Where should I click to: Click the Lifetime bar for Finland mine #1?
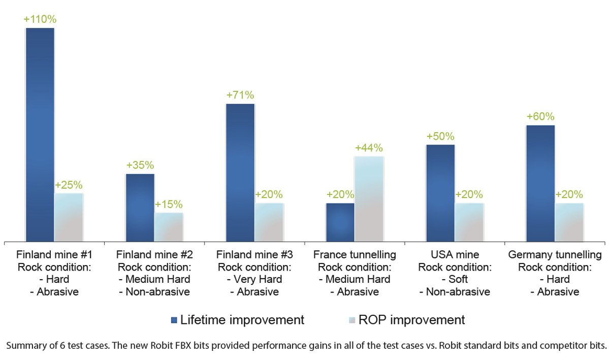pos(40,135)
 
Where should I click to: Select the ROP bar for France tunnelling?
pos(369,199)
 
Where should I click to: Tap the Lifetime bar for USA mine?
pos(440,193)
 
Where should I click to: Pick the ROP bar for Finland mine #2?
pos(169,227)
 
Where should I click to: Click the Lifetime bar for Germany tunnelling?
pos(540,183)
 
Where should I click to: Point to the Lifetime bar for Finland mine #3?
pos(240,173)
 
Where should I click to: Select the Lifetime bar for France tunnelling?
pos(340,222)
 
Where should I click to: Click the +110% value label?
pos(40,19)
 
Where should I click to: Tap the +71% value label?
pos(240,95)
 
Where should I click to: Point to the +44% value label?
pos(369,148)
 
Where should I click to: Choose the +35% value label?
pos(140,165)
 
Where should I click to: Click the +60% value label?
pos(540,116)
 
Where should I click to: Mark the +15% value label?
pos(169,204)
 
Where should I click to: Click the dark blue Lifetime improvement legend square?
pos(174,320)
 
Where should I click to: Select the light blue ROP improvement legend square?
pos(352,320)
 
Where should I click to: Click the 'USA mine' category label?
pos(455,254)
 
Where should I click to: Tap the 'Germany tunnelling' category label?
pos(555,254)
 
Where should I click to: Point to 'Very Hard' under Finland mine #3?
pos(258,279)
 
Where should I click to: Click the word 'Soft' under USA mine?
pos(458,279)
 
